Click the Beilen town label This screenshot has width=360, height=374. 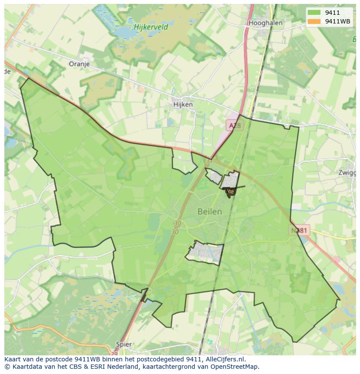(x=210, y=212)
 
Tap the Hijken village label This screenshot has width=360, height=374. (x=183, y=105)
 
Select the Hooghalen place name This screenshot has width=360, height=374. (x=265, y=23)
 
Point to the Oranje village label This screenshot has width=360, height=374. (x=79, y=64)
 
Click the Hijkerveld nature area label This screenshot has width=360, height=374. (x=151, y=26)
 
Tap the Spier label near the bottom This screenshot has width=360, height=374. (x=124, y=344)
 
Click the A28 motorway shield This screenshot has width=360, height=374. (x=235, y=126)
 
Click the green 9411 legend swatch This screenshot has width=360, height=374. (x=313, y=13)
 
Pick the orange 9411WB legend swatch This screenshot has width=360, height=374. (x=313, y=21)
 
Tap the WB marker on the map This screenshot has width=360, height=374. (x=230, y=191)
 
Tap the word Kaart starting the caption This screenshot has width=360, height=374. (x=13, y=359)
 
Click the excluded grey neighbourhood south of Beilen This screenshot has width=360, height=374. (x=204, y=252)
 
